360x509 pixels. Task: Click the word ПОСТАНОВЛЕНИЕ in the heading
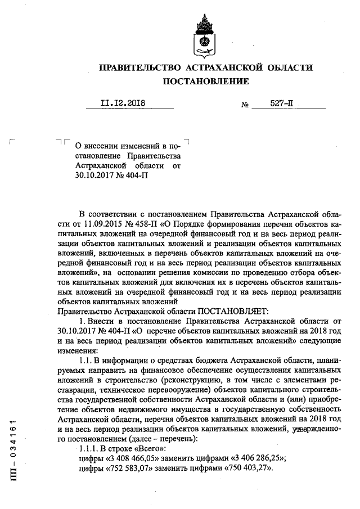(205, 82)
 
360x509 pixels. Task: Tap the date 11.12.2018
(123, 103)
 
